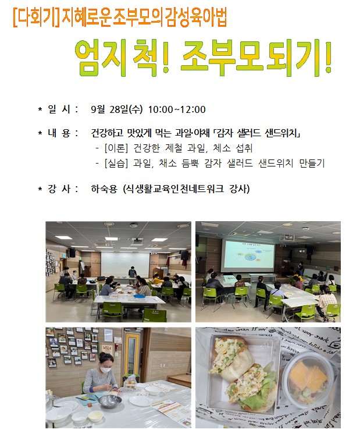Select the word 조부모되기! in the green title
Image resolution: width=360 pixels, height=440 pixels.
click(256, 58)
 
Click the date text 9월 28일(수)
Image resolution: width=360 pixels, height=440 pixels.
click(117, 109)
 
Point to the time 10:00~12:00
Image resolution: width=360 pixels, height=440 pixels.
click(177, 109)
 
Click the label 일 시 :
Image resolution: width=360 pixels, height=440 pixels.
click(63, 109)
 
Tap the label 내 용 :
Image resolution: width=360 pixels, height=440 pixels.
click(63, 133)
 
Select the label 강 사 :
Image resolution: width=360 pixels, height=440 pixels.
click(63, 189)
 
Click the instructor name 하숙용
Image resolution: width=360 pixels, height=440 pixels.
click(104, 189)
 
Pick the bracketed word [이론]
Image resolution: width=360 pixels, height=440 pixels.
click(116, 148)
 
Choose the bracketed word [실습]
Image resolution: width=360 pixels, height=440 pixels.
click(116, 163)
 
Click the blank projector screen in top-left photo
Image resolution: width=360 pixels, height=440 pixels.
click(125, 264)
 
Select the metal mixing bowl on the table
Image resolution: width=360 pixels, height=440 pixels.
click(109, 400)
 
